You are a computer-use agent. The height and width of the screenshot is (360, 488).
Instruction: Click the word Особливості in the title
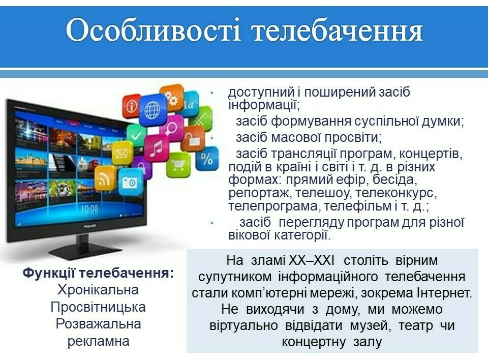(153, 30)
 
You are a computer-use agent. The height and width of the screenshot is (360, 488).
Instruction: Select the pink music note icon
(156, 148)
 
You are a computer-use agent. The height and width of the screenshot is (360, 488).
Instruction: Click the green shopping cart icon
(178, 165)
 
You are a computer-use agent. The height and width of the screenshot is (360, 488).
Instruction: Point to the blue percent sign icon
(207, 159)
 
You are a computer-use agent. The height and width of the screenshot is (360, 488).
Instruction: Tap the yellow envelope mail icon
(122, 153)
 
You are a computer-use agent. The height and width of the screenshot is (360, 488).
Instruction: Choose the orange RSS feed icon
(105, 178)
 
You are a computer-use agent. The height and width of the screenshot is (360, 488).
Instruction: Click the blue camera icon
(130, 182)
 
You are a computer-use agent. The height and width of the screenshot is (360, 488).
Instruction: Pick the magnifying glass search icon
(171, 127)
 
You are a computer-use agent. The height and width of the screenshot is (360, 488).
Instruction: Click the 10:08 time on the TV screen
(89, 208)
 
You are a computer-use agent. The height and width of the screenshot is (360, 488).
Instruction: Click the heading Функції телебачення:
(98, 273)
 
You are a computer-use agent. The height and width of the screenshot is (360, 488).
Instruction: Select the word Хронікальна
(98, 290)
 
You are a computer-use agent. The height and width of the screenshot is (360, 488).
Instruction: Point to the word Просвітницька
(98, 307)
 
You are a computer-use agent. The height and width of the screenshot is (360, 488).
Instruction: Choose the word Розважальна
(98, 324)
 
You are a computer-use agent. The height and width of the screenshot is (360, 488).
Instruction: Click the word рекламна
(98, 341)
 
